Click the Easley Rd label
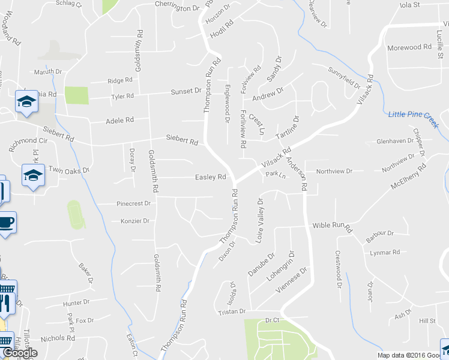(210, 177)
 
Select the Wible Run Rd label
(331, 227)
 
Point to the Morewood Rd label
(410, 47)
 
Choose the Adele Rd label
(119, 121)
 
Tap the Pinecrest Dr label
(134, 204)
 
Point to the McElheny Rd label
(408, 175)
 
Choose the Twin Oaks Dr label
(68, 170)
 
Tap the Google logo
(19, 353)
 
